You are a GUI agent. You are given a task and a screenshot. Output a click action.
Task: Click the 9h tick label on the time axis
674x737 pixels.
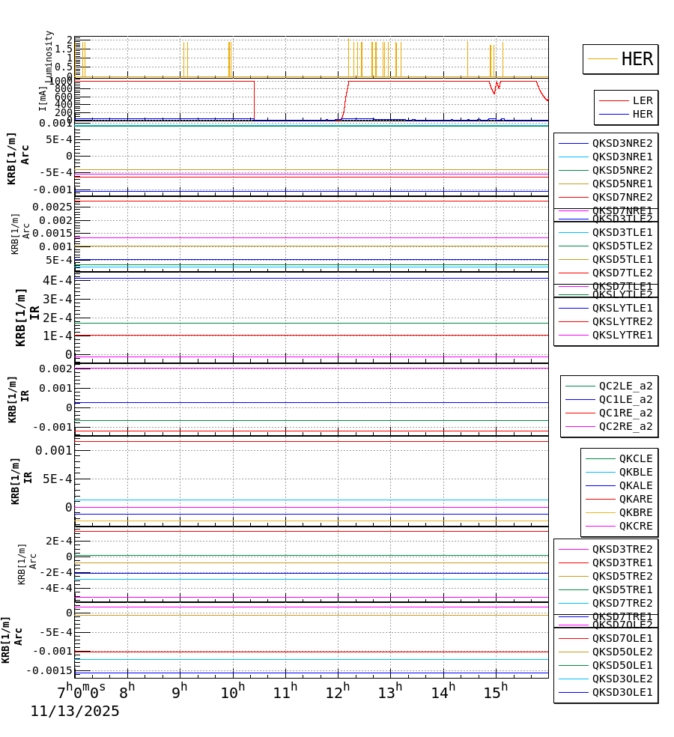pyautogui.click(x=180, y=691)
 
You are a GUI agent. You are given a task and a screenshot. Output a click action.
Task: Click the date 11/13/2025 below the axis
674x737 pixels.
pyautogui.click(x=75, y=712)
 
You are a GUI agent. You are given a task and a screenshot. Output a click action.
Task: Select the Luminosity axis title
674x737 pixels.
pyautogui.click(x=49, y=56)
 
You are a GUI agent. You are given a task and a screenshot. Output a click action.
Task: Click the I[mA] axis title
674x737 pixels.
pyautogui.click(x=43, y=99)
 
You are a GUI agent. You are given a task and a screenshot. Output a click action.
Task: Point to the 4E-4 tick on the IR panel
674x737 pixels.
pyautogui.click(x=57, y=280)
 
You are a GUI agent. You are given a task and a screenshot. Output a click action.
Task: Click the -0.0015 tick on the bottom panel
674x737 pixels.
pyautogui.click(x=49, y=670)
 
